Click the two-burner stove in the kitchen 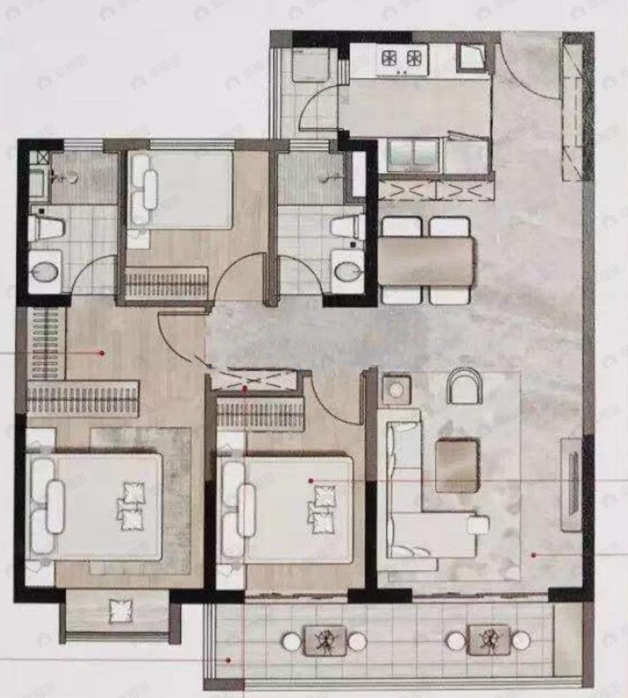[402, 58]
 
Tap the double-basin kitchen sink [413, 155]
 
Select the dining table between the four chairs [426, 260]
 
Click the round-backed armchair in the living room [464, 387]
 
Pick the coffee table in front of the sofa [456, 465]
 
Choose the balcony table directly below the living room [488, 640]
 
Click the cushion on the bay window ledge [121, 611]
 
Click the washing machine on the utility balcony [311, 66]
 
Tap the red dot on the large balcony [229, 660]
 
